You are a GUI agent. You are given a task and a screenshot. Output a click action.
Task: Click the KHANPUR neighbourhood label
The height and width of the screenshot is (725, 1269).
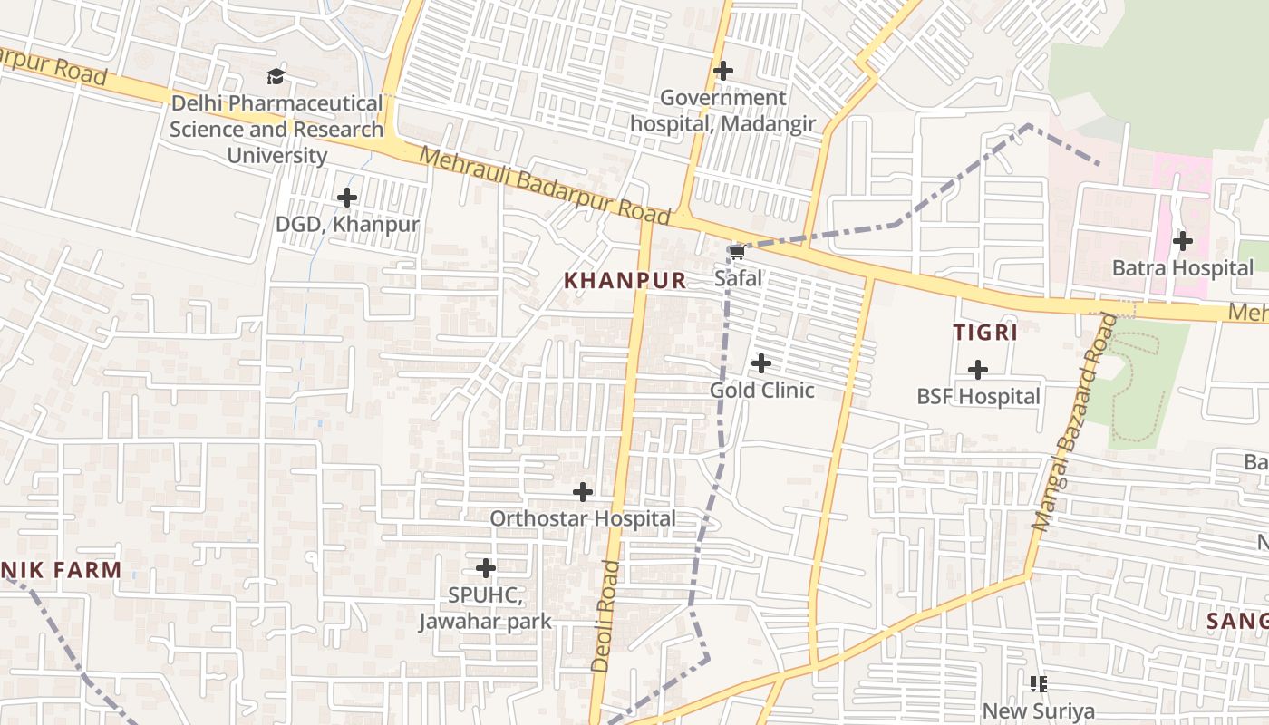click(625, 281)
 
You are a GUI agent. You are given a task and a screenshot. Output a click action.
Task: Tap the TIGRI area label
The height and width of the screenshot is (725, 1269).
click(985, 333)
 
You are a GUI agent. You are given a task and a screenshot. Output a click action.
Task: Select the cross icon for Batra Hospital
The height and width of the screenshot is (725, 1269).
click(1183, 241)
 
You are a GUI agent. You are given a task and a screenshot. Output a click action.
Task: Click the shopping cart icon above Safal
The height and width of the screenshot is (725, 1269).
click(737, 251)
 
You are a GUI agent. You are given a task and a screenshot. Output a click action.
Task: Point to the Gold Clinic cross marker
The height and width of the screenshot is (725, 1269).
click(761, 363)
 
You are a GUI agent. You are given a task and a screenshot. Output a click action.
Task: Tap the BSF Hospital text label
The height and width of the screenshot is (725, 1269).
click(978, 397)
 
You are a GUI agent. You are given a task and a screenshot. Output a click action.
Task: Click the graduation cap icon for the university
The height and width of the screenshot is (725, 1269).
click(276, 77)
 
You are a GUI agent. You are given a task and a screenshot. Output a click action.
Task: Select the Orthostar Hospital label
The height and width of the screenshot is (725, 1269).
click(583, 519)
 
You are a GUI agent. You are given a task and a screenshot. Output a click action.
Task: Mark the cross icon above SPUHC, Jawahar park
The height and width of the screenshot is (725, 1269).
click(486, 569)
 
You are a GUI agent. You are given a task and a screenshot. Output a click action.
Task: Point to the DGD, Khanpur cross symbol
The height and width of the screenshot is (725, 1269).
click(347, 198)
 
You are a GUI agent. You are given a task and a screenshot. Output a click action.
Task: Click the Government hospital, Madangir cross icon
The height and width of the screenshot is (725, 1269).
click(723, 70)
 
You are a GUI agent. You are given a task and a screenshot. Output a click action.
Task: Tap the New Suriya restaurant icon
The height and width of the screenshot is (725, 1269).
click(1039, 684)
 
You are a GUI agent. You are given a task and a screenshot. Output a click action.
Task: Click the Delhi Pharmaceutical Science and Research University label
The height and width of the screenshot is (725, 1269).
click(276, 130)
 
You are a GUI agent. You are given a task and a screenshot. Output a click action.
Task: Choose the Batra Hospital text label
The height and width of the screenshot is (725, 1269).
click(1183, 268)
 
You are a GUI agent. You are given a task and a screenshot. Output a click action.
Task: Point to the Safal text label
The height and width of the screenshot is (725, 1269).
click(738, 278)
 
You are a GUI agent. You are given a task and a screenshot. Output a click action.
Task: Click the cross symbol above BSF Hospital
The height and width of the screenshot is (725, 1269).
click(978, 370)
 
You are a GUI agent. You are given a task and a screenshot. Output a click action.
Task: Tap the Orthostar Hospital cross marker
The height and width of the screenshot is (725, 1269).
click(583, 492)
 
